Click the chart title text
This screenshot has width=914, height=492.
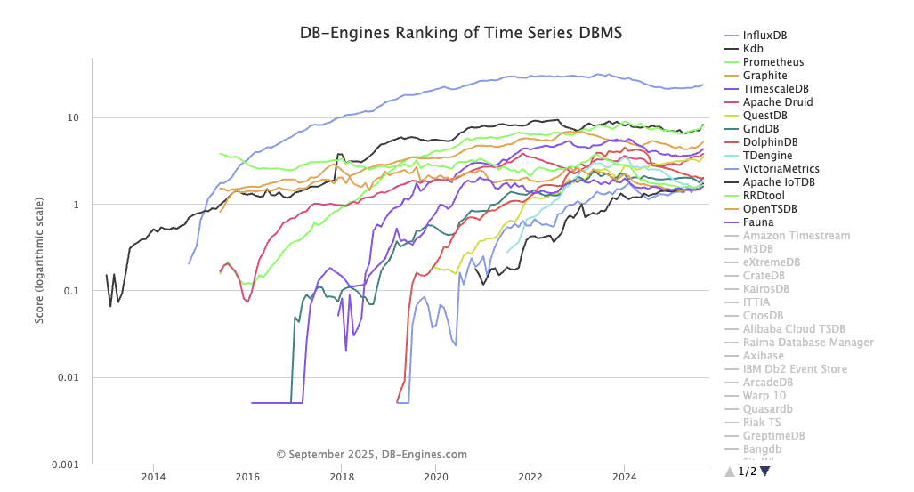460,33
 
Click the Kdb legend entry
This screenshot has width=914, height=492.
752,49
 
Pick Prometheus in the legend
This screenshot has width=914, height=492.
772,62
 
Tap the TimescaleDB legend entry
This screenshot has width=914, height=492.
775,89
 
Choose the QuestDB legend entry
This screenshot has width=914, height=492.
764,116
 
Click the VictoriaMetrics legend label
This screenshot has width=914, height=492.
781,169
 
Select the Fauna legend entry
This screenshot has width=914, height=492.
757,222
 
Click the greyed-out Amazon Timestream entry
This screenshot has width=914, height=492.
796,236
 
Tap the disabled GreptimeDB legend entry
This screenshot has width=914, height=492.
773,436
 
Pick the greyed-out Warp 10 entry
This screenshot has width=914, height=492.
764,396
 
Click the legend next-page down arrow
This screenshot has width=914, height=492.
764,472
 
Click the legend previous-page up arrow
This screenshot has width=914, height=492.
730,472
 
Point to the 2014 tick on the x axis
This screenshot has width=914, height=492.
153,475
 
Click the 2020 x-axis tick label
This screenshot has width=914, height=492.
436,475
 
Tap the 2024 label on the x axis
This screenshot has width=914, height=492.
624,475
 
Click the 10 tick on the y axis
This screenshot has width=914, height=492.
74,118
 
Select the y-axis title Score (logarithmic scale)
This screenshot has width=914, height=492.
40,260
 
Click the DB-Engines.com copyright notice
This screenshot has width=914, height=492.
371,455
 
